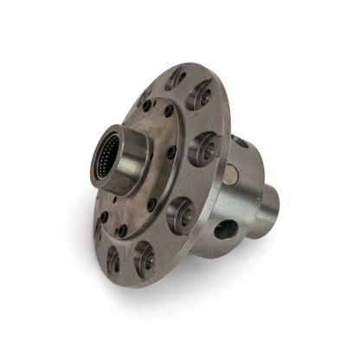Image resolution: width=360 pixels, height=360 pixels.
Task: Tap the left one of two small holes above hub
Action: [x=146, y=105]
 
